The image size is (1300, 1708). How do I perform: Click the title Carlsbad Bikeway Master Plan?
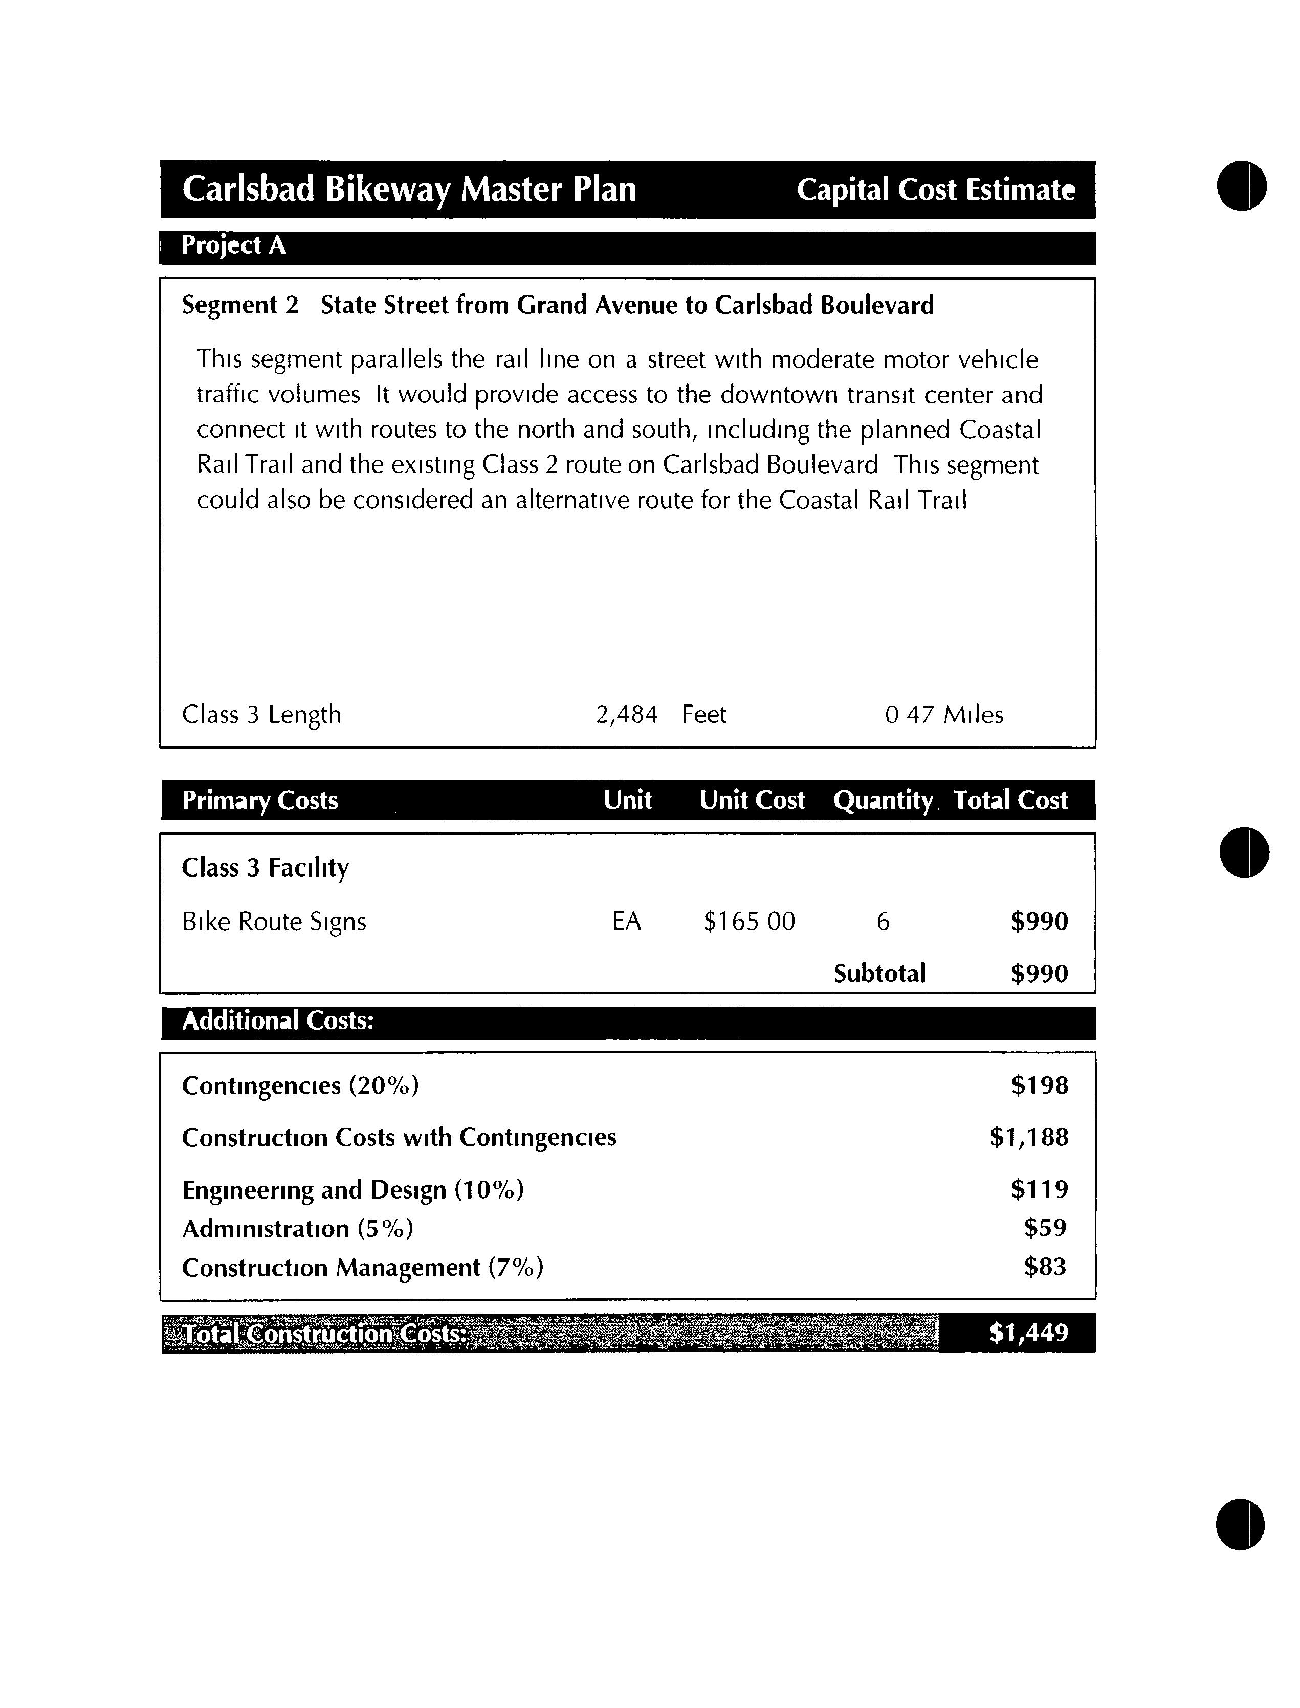409,189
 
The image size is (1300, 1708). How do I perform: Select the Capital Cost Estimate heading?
936,189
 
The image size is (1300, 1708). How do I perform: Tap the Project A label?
233,245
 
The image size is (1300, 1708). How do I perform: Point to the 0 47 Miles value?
943,714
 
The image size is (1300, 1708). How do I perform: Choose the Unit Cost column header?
752,800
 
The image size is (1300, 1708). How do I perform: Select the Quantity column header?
882,800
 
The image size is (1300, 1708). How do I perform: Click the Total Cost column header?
1010,800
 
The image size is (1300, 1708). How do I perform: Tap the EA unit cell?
626,922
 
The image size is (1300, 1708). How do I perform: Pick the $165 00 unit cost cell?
748,922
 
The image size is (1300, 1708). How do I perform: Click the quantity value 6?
883,922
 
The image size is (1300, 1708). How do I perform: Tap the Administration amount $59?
1045,1228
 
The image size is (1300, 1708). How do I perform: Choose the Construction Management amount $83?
1045,1267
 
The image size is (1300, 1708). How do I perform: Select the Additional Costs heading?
278,1020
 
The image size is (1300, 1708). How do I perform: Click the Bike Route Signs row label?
274,922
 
